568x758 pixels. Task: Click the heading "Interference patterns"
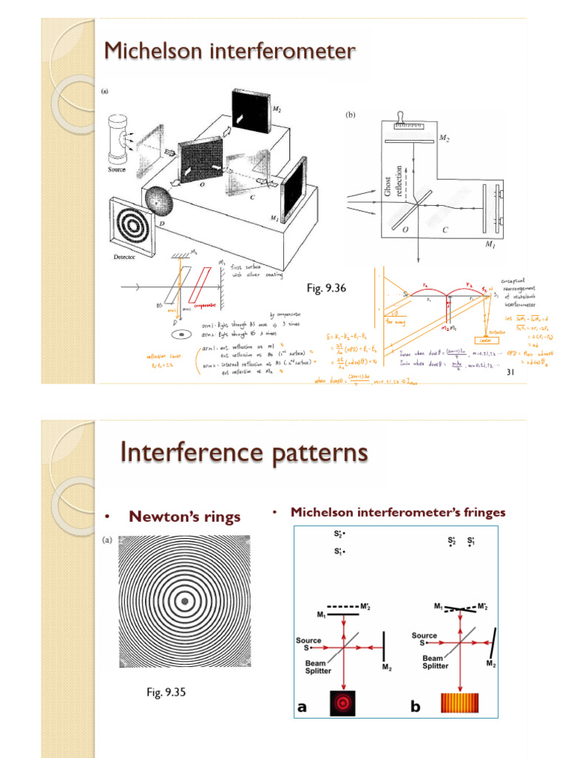point(244,452)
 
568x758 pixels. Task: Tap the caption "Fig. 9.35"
point(166,692)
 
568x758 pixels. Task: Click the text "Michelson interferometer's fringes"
point(398,512)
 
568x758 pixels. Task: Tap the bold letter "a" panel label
point(302,707)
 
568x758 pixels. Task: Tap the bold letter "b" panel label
point(415,707)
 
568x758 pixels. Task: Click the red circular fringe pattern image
point(344,701)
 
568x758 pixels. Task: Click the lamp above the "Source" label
point(118,138)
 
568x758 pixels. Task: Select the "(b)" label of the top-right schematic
point(350,115)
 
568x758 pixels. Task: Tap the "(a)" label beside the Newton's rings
point(106,540)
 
